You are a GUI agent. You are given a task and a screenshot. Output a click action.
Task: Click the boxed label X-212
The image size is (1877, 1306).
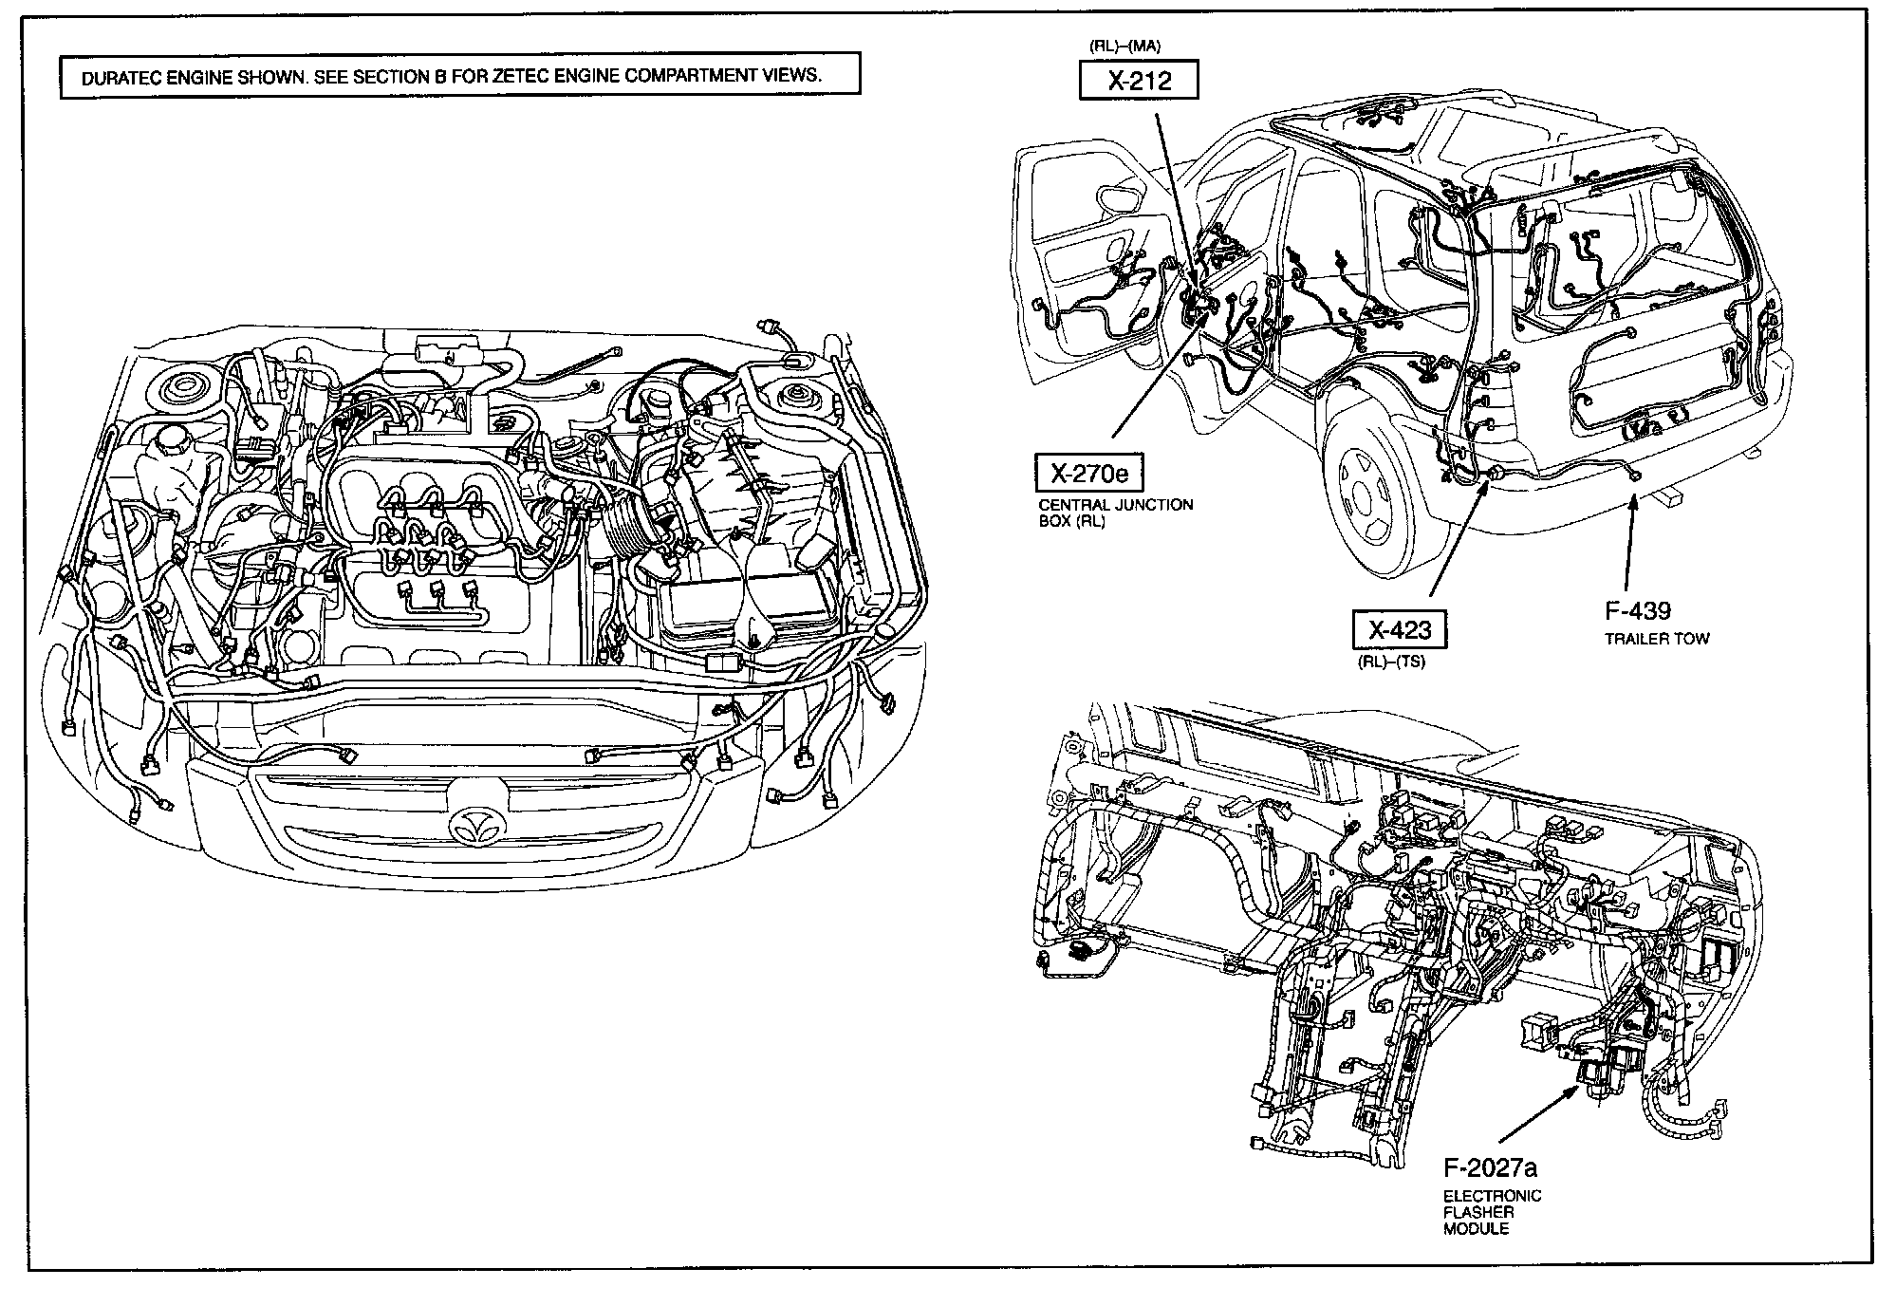coord(1139,81)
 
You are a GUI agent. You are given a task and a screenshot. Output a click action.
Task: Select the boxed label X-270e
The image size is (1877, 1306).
coord(1089,472)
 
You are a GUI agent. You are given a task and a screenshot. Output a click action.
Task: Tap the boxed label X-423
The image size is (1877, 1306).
coord(1400,628)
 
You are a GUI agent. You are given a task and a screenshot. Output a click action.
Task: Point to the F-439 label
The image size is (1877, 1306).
coord(1638,610)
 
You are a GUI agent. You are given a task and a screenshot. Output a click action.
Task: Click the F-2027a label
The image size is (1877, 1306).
coord(1490,1166)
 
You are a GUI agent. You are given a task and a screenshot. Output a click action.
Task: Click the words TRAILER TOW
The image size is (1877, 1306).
coord(1656,639)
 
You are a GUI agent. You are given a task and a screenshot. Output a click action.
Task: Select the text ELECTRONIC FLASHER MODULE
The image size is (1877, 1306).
coord(1492,1212)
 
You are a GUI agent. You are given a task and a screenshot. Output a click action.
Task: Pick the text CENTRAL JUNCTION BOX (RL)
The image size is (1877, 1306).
coord(1115,513)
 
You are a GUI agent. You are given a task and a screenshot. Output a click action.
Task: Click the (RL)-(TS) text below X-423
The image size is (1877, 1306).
coord(1391,662)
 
